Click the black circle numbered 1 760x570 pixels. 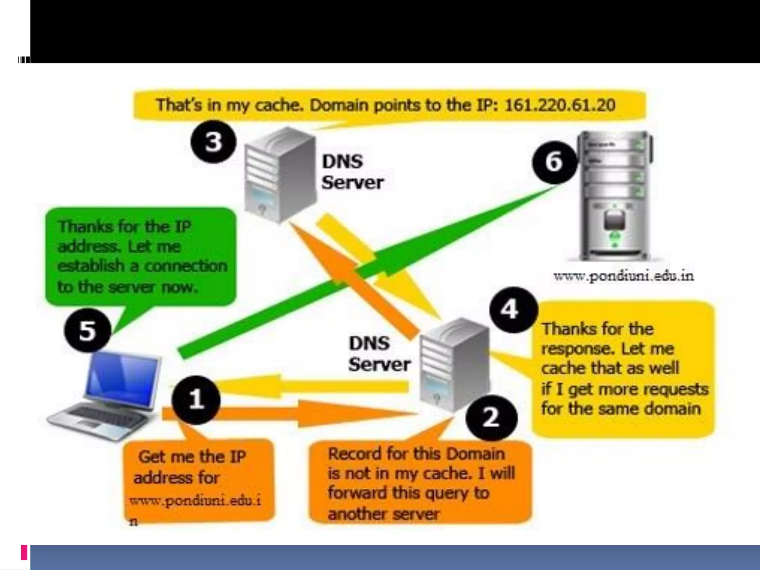196,400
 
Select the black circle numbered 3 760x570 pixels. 213,141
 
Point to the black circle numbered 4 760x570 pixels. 513,309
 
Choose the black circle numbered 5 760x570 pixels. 88,331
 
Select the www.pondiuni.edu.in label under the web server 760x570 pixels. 623,276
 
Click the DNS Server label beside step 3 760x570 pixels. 352,172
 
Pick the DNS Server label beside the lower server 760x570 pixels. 379,354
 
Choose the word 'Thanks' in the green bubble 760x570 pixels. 79,226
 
